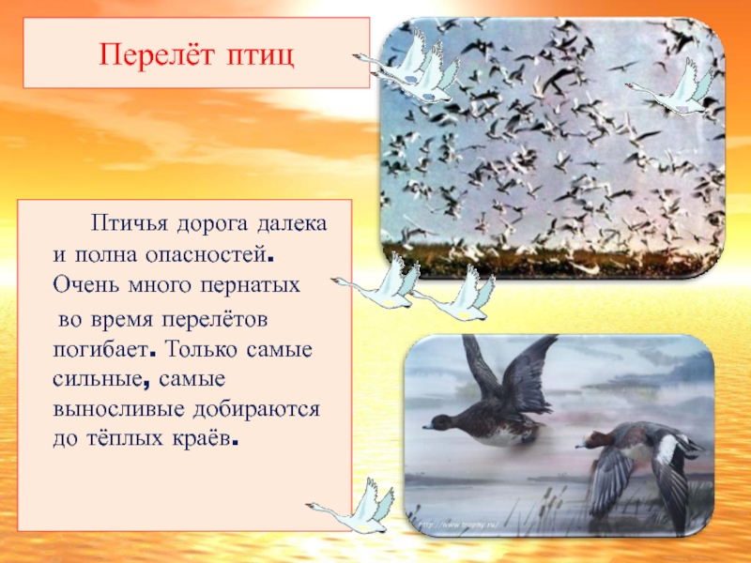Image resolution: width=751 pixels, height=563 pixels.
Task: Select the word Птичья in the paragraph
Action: (127, 225)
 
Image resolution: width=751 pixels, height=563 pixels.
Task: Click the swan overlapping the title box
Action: (413, 68)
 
